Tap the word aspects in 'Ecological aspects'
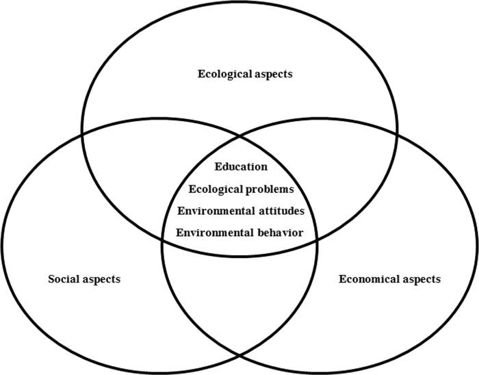(271, 73)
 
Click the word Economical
(368, 279)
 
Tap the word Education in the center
(240, 166)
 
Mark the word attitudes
(279, 210)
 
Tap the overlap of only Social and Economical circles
(239, 301)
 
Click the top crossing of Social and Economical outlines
(239, 137)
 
